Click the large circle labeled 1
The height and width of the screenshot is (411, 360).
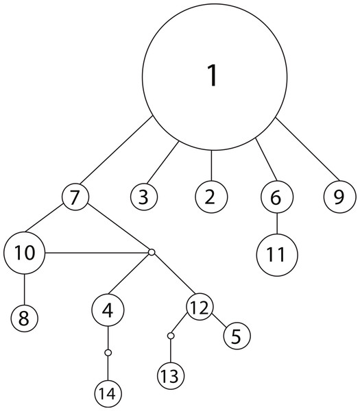[x=215, y=77]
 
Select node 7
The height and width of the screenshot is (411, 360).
[x=75, y=197]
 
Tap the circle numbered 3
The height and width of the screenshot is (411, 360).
[x=144, y=197]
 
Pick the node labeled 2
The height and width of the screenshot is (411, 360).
[x=211, y=197]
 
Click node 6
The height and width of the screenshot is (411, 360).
[x=277, y=197]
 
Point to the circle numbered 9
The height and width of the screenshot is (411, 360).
[x=340, y=197]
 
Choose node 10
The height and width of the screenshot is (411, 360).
[x=25, y=253]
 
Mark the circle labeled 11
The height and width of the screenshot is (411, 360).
[x=277, y=255]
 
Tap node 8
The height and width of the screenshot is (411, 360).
[x=25, y=319]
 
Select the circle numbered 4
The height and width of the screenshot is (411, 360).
[x=108, y=310]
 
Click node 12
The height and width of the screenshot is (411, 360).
[x=200, y=307]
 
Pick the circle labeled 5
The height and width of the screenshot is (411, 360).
[x=237, y=336]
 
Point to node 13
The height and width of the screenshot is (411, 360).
[x=171, y=375]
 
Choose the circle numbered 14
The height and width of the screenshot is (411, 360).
[x=108, y=393]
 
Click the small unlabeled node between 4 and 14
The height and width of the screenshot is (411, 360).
[x=108, y=353]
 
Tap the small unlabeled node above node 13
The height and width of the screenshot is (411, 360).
[x=171, y=336]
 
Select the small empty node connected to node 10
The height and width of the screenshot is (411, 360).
[x=152, y=252]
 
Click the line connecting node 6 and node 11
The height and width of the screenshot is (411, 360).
[x=277, y=223]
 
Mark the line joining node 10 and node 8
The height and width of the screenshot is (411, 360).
[x=25, y=289]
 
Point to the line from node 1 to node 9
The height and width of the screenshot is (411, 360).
[x=307, y=149]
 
